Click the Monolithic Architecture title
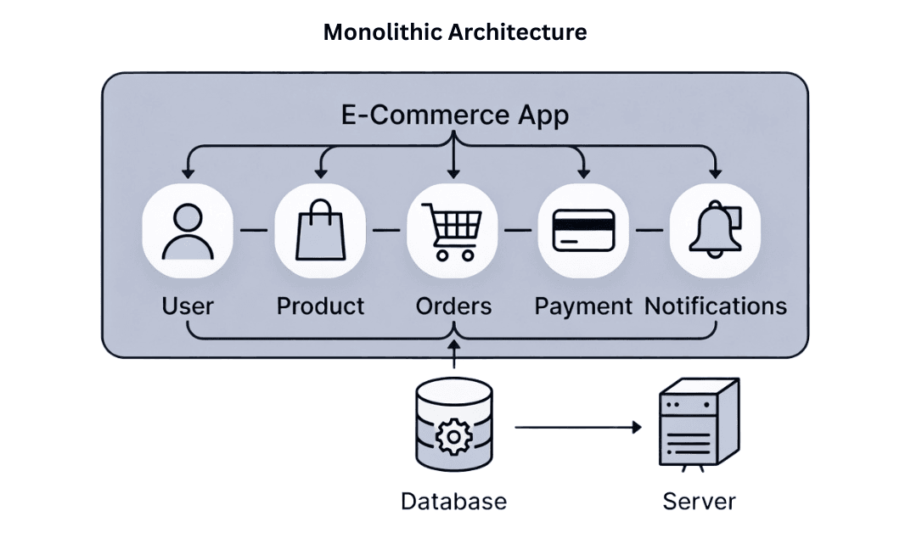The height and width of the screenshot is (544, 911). pos(455,32)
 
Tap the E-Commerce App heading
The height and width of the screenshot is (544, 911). pos(455,115)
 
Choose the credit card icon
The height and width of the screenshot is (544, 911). pos(583,230)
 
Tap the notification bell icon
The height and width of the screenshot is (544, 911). pos(714,230)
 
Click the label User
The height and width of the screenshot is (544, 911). pos(187,306)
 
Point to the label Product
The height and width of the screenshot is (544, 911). pos(320,306)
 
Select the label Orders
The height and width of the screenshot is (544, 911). pos(453,306)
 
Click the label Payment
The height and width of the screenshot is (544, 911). pos(583,306)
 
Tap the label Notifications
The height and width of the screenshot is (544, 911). pos(716,306)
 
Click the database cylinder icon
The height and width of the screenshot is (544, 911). pos(453,429)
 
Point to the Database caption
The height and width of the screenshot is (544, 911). pos(453,501)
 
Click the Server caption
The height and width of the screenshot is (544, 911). pos(699,501)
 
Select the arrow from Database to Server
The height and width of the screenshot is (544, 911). pos(577,428)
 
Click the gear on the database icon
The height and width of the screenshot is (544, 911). pos(453,437)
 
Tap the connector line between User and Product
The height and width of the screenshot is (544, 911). pos(254,230)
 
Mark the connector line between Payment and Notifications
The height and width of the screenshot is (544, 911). pos(650,230)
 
